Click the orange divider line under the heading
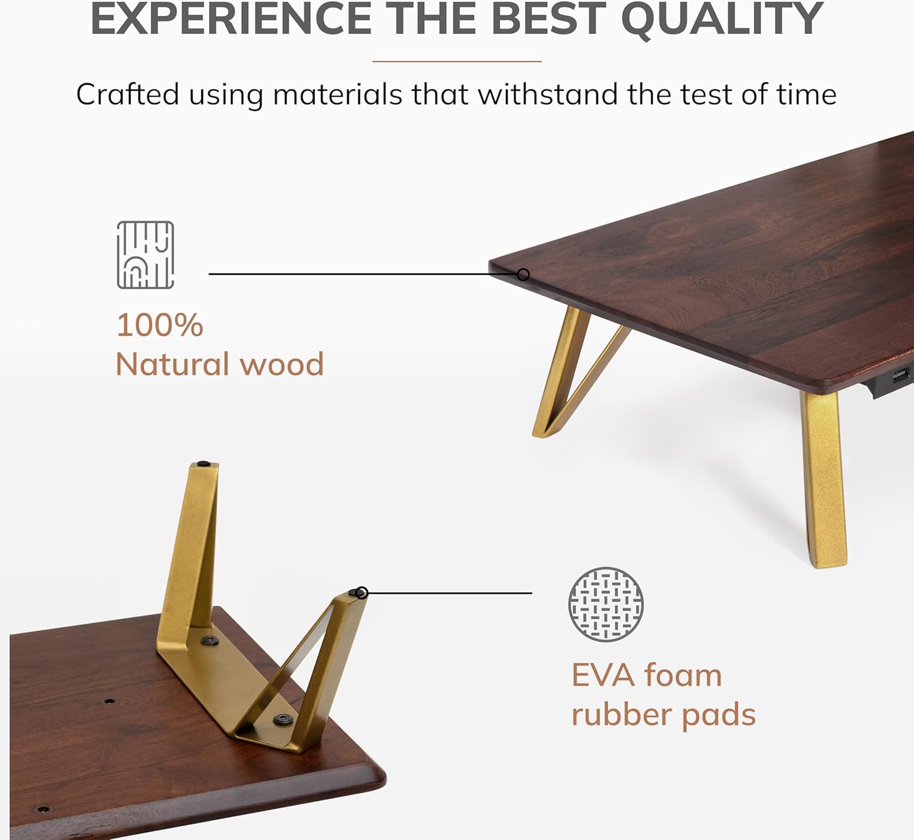pos(457,62)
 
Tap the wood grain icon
pos(146,255)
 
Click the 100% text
pos(160,325)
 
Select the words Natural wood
pos(219,364)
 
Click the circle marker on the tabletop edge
pos(523,275)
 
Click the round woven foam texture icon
pos(606,604)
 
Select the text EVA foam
pos(647,676)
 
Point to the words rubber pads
pos(664,715)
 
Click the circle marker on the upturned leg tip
pos(361,593)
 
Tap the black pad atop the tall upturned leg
pos(204,464)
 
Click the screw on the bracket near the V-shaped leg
pos(282,719)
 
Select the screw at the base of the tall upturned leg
pos(210,641)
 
